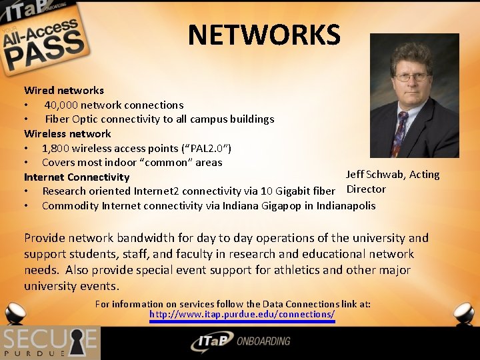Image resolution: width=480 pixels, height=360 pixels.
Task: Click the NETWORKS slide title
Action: point(264,35)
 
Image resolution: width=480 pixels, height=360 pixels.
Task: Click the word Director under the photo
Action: point(366,189)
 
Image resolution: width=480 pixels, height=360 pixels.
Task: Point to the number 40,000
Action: point(61,105)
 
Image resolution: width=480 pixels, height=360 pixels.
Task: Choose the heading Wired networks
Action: point(64,90)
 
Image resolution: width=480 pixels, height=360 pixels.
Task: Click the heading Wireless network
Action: point(67,133)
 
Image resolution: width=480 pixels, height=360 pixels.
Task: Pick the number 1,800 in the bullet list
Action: point(56,148)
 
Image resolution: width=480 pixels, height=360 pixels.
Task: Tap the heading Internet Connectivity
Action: point(77,177)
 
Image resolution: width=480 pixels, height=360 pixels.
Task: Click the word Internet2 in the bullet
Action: point(157,191)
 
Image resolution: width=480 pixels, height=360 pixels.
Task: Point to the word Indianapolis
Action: point(346,206)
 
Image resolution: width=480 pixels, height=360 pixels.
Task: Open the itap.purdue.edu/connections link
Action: point(242,314)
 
